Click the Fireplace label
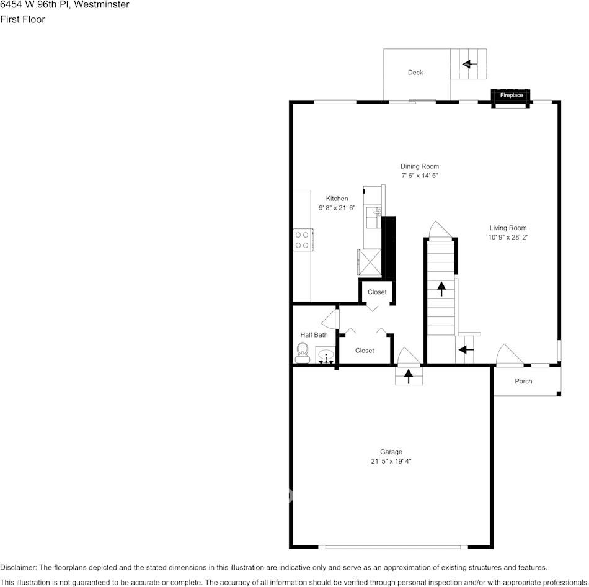pyautogui.click(x=511, y=95)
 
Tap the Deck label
pyautogui.click(x=415, y=73)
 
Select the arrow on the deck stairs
pyautogui.click(x=469, y=63)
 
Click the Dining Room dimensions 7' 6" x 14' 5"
pyautogui.click(x=420, y=176)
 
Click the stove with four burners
pyautogui.click(x=303, y=240)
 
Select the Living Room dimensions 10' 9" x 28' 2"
pyautogui.click(x=508, y=237)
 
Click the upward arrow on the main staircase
pyautogui.click(x=441, y=288)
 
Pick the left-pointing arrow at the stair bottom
pyautogui.click(x=466, y=350)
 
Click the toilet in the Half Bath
pyautogui.click(x=303, y=352)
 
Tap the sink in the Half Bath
pyautogui.click(x=326, y=356)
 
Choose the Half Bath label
pyautogui.click(x=314, y=335)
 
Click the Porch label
pyautogui.click(x=523, y=381)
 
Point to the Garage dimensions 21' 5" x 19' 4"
pyautogui.click(x=391, y=461)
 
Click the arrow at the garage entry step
pyautogui.click(x=409, y=375)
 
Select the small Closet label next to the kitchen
pyautogui.click(x=377, y=292)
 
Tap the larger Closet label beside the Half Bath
pyautogui.click(x=365, y=351)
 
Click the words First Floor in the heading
pyautogui.click(x=22, y=19)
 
